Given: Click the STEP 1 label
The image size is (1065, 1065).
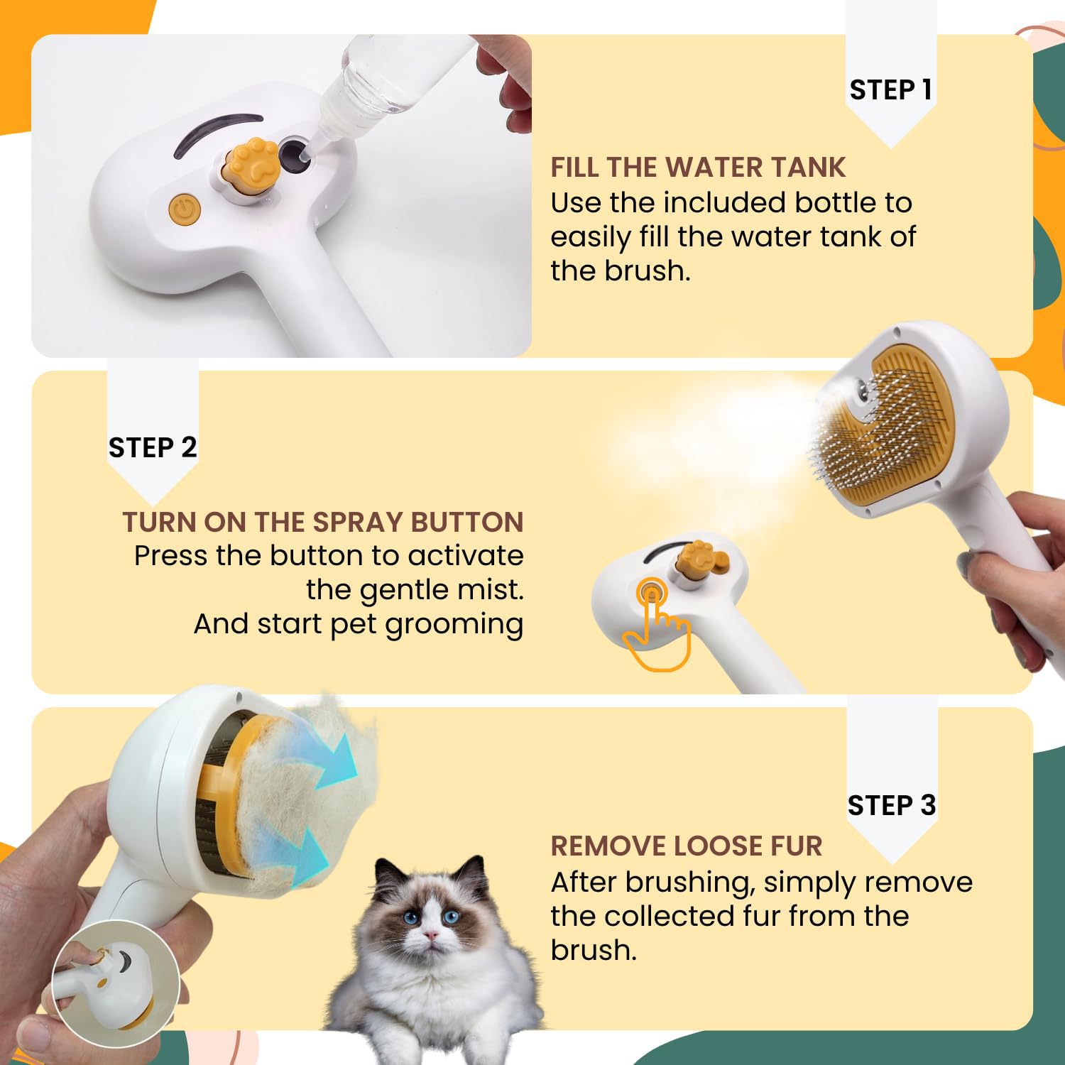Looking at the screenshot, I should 890,90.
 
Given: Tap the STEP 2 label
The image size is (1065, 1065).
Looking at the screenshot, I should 152,448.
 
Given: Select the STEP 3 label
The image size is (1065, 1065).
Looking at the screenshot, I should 892,805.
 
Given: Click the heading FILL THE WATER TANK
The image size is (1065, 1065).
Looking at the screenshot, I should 698,168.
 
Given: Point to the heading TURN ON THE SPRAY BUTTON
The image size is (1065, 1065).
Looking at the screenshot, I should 323,522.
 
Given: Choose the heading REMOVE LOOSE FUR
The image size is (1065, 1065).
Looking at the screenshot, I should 686,846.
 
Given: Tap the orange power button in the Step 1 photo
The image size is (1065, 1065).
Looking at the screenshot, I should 185,209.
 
